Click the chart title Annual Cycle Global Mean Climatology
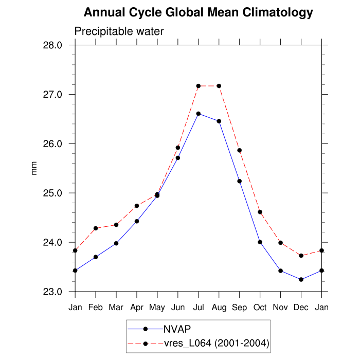[x=198, y=12]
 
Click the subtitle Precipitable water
[x=119, y=31]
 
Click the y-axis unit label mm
[x=34, y=169]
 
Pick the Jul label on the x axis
[x=199, y=308]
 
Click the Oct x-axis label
[x=260, y=308]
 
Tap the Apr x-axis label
[x=137, y=308]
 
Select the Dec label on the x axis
[x=301, y=308]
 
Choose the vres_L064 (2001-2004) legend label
[x=217, y=343]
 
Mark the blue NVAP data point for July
[x=199, y=114]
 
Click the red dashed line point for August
[x=219, y=86]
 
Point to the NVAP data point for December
[x=301, y=280]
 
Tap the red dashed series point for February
[x=96, y=228]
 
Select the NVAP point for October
[x=260, y=242]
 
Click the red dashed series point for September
[x=240, y=150]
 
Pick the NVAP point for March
[x=116, y=243]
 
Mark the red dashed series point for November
[x=281, y=243]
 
